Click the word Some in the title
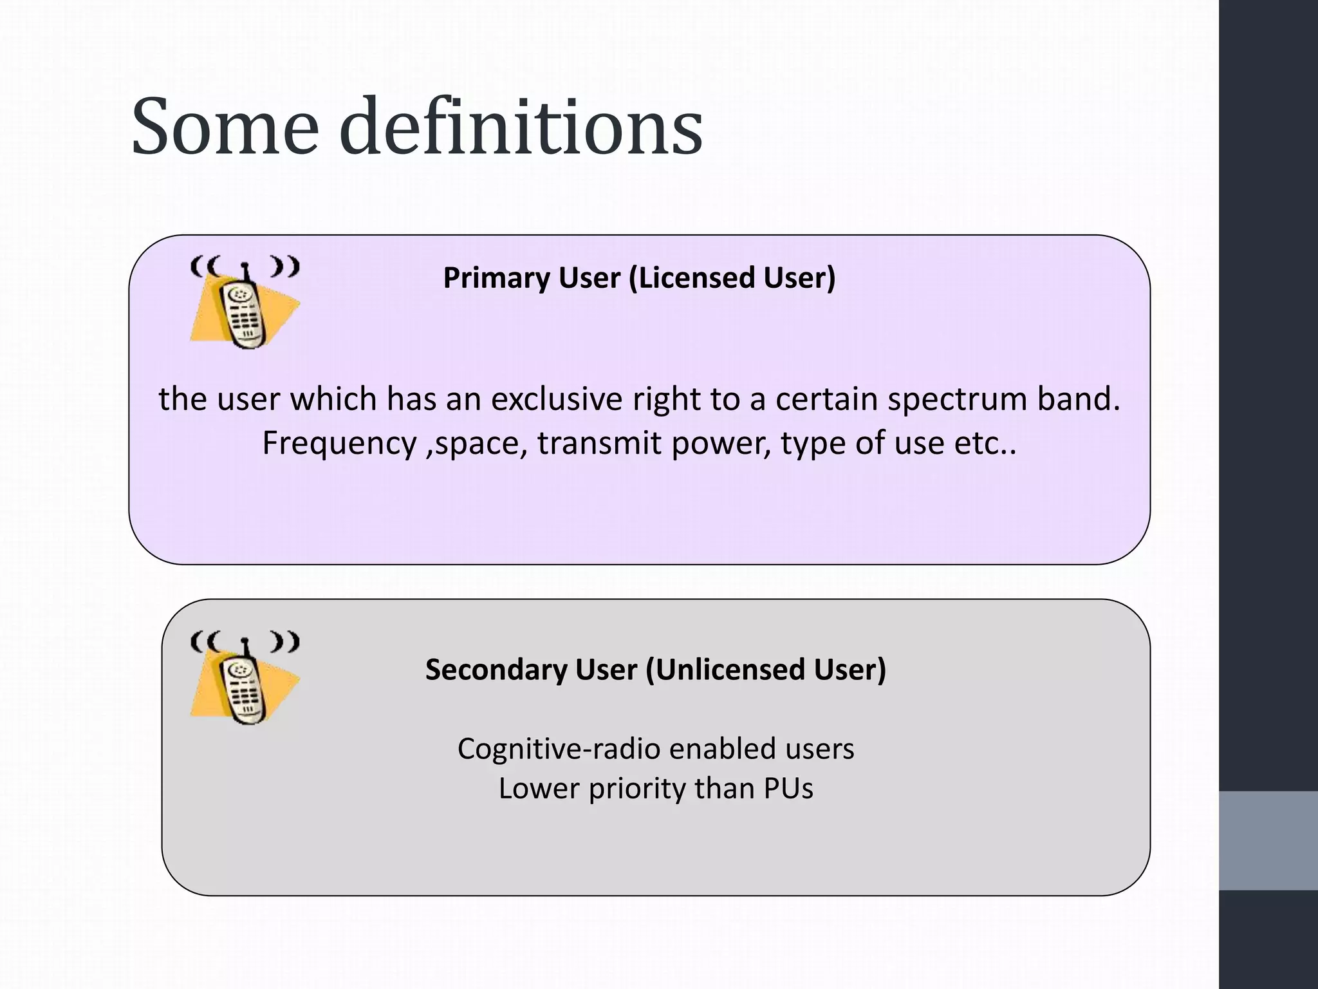click(225, 127)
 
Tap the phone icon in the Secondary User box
click(245, 679)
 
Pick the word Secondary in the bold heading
click(496, 670)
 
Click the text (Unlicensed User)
click(766, 670)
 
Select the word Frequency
click(340, 444)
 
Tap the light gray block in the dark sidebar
click(1268, 840)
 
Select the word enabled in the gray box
click(717, 749)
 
